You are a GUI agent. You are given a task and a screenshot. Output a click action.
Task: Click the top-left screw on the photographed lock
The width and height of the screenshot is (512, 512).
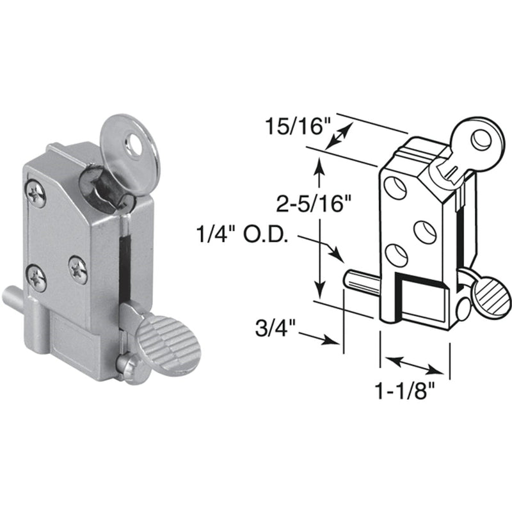click(x=37, y=195)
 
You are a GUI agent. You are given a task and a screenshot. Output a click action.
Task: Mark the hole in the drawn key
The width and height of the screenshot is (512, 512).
click(x=477, y=136)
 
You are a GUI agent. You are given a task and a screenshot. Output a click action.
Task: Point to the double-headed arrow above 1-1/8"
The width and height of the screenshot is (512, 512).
click(x=416, y=366)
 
